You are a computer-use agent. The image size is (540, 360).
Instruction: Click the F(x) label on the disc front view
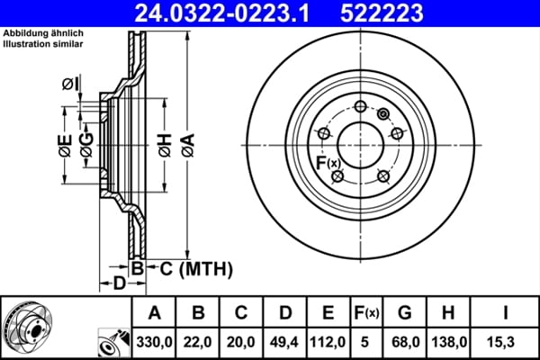click(327, 163)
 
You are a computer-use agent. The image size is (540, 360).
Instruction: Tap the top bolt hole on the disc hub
click(360, 106)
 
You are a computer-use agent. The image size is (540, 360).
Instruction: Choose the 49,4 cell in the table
click(284, 342)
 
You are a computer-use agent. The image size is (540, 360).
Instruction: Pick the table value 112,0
click(328, 342)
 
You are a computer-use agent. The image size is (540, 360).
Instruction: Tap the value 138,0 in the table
click(447, 342)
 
